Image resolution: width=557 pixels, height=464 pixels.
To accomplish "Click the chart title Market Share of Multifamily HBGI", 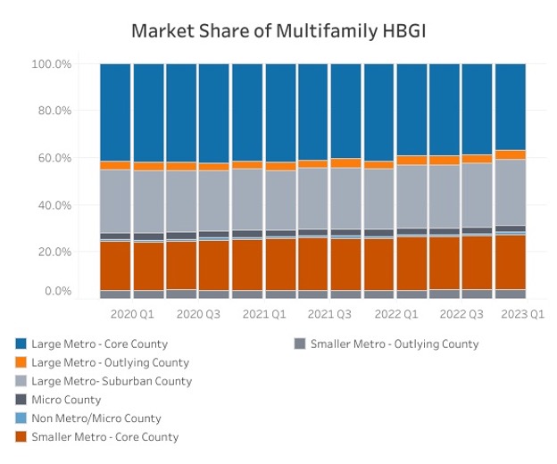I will [278, 30].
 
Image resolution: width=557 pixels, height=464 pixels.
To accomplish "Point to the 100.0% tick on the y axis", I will [51, 64].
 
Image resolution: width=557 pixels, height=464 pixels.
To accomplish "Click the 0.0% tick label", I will [56, 291].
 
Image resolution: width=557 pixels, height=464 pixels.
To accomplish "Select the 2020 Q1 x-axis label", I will [132, 314].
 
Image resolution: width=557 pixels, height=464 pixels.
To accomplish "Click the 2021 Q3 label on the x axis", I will [330, 314].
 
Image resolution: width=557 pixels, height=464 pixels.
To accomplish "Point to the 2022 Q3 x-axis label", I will [461, 314].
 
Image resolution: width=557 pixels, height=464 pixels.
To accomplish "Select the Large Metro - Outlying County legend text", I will [110, 362].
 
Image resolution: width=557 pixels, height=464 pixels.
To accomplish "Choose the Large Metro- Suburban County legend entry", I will [111, 381].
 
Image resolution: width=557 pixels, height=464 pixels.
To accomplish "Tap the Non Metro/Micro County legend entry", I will [96, 418].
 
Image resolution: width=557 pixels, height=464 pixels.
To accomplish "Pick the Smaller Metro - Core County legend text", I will [104, 437].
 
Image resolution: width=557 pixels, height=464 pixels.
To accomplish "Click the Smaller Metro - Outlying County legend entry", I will [394, 344].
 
